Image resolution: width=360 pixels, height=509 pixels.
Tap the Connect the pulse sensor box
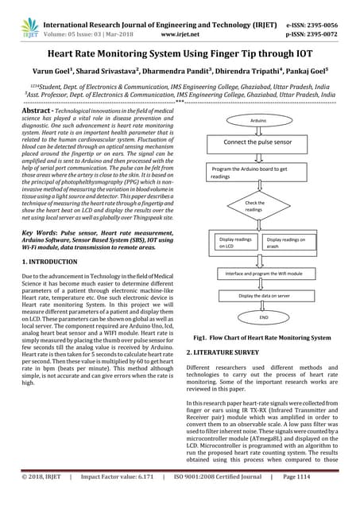pyautogui.click(x=257, y=142)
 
